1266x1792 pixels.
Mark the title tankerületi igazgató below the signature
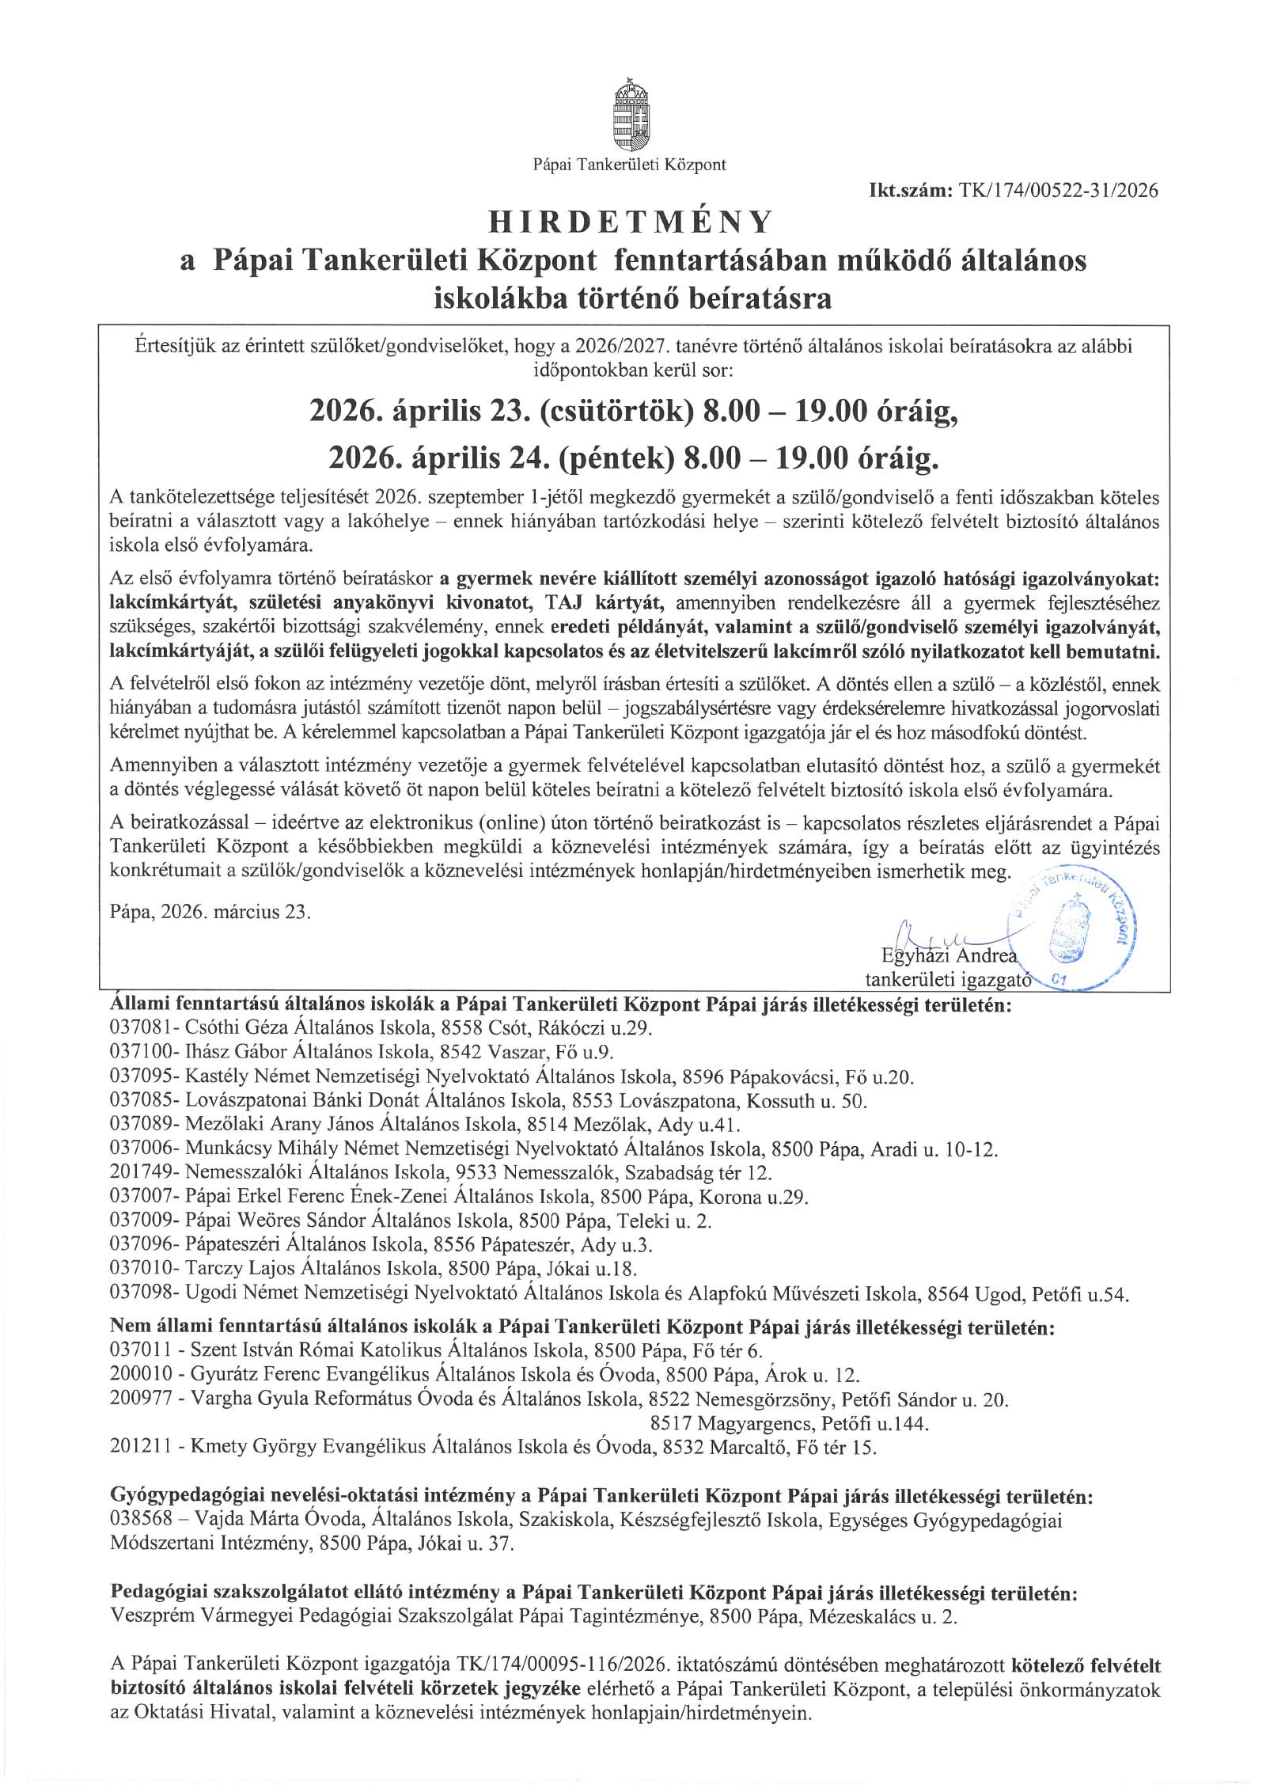[x=949, y=981]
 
